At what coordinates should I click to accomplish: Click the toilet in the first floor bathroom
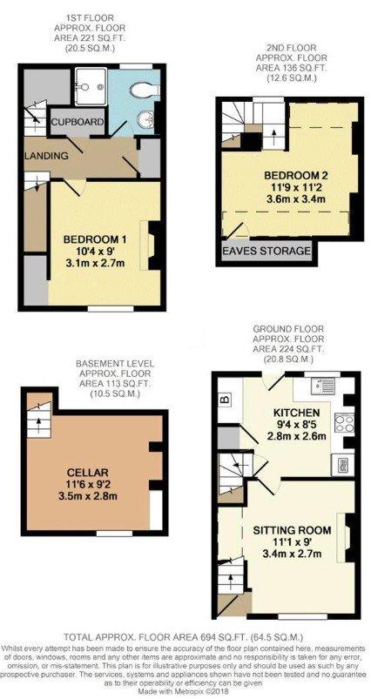pyautogui.click(x=145, y=90)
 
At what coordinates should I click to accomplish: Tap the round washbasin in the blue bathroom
pyautogui.click(x=145, y=119)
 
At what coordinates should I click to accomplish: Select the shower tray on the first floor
pyautogui.click(x=91, y=86)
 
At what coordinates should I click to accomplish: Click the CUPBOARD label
pyautogui.click(x=78, y=122)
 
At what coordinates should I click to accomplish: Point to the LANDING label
pyautogui.click(x=46, y=156)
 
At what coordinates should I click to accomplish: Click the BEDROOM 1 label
pyautogui.click(x=95, y=240)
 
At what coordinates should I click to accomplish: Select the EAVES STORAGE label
pyautogui.click(x=266, y=251)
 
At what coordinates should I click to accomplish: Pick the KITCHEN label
pyautogui.click(x=297, y=412)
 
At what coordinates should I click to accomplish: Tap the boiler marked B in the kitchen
pyautogui.click(x=225, y=399)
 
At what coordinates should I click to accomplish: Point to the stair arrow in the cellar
pyautogui.click(x=37, y=423)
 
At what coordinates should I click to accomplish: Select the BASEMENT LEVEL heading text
pyautogui.click(x=116, y=363)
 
